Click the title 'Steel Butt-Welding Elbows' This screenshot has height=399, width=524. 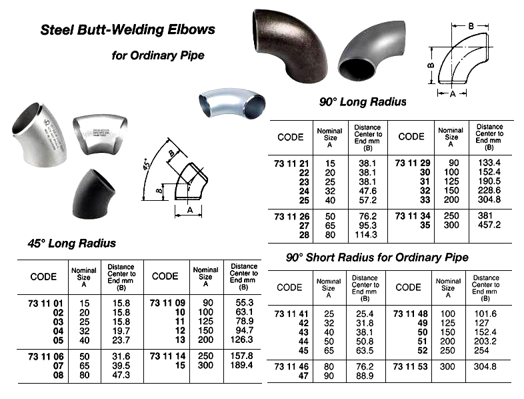[128, 29]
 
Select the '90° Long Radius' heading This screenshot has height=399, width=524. [362, 102]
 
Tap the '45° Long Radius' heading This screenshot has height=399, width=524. [71, 243]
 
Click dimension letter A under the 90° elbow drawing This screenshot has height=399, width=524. [453, 94]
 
